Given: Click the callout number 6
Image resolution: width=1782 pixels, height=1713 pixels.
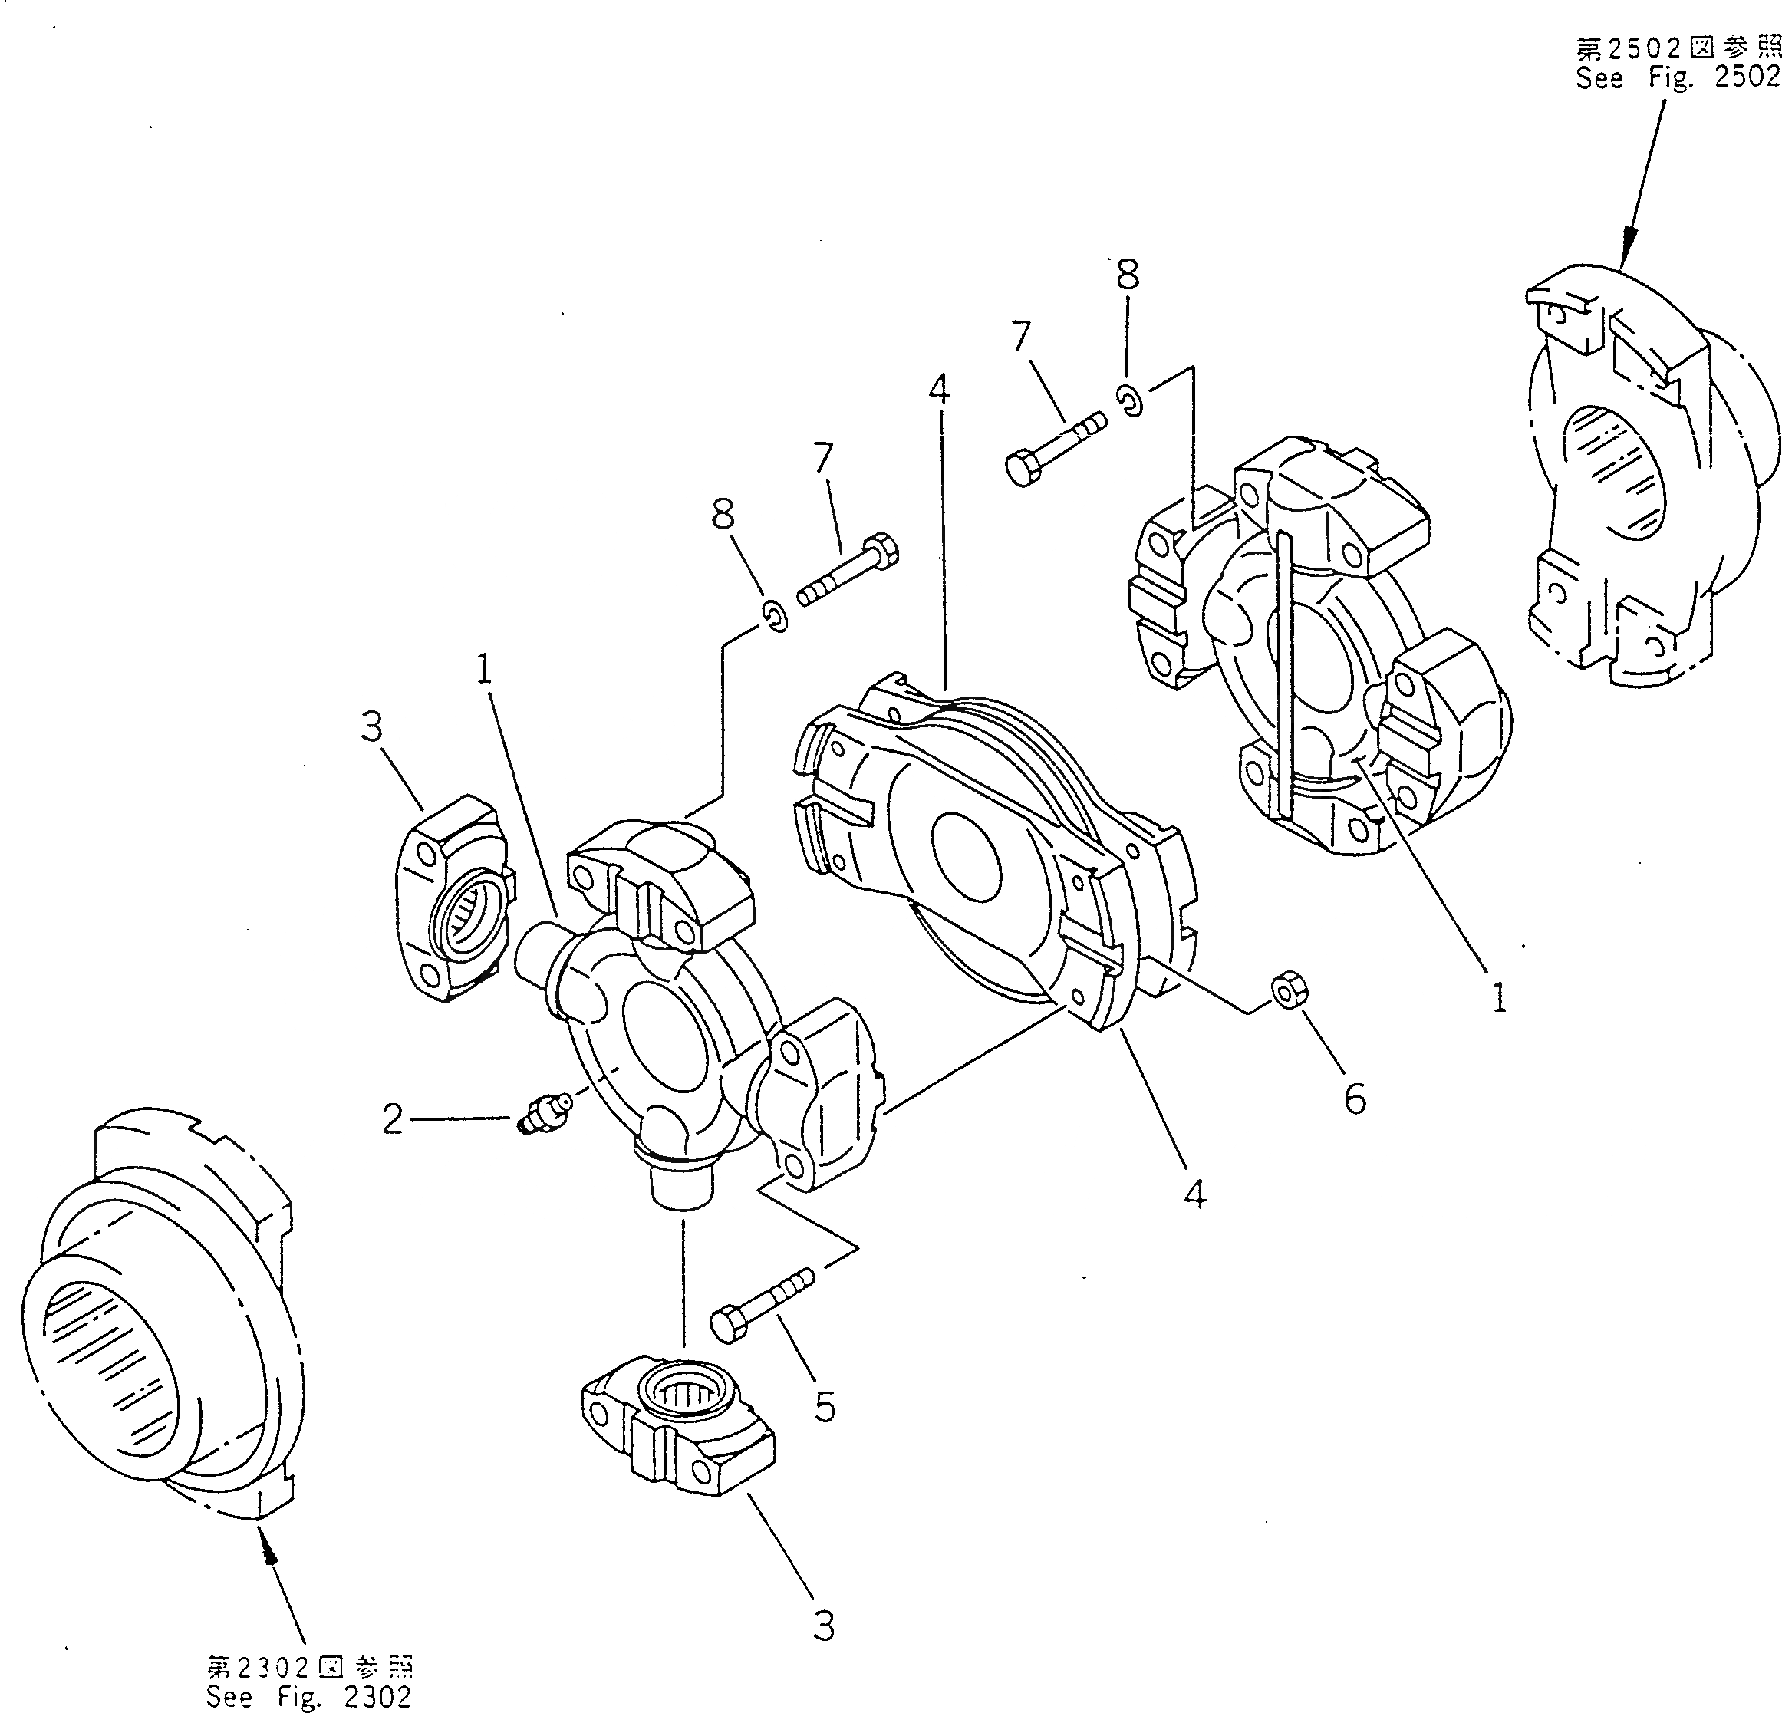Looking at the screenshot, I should (x=1354, y=1099).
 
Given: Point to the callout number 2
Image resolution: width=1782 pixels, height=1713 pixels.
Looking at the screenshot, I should (x=392, y=1119).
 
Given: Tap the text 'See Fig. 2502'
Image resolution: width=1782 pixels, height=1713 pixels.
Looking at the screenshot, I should (x=1678, y=77).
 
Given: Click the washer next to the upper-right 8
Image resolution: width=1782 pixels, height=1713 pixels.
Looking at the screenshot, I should (x=1130, y=400).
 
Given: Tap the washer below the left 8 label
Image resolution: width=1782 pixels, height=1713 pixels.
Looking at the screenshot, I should (x=775, y=617).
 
